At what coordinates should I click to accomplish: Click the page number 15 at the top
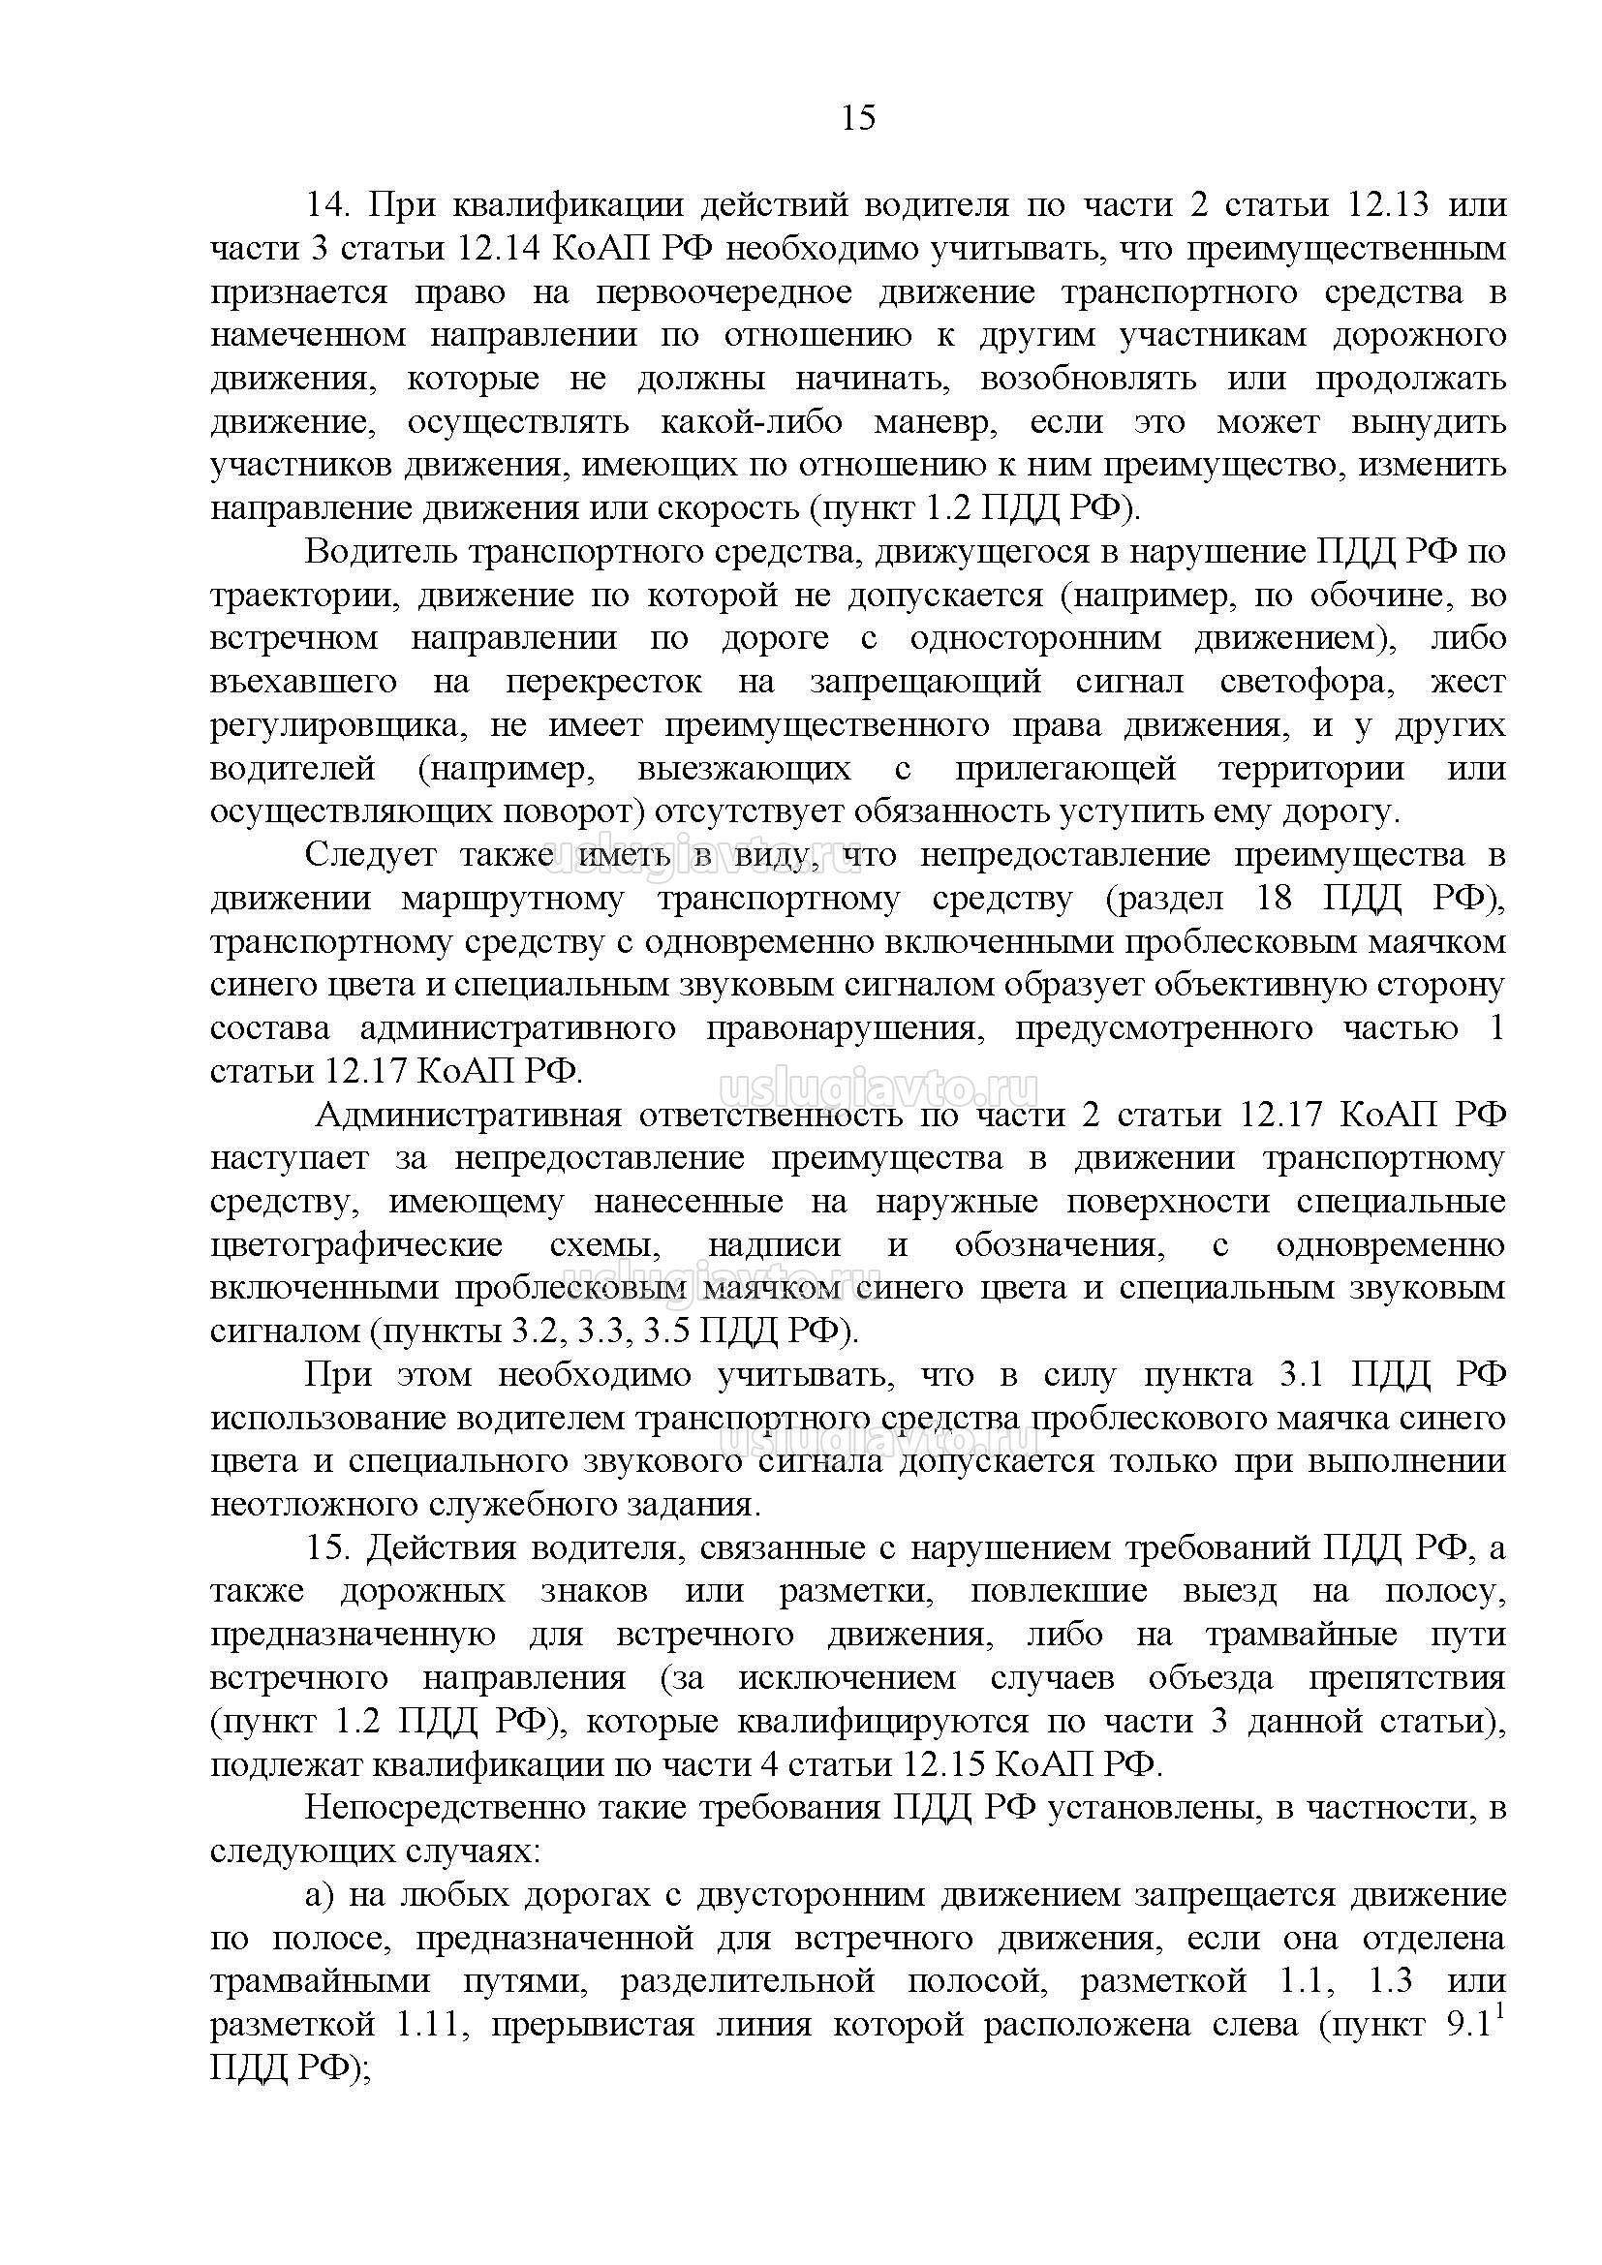pos(858,118)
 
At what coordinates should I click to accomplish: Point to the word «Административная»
pos(469,1116)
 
